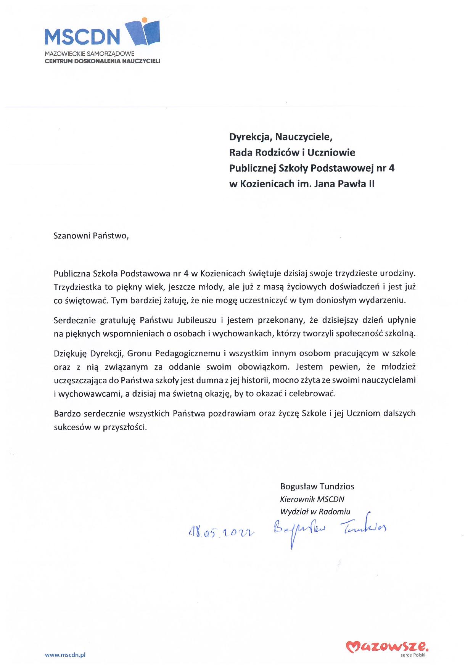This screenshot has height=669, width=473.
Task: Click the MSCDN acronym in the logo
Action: coord(82,37)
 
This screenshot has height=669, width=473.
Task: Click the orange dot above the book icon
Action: coord(144,19)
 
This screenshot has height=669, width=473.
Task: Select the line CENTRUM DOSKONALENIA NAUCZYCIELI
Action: coord(102,61)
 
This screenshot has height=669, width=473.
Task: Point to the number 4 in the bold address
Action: coord(391,168)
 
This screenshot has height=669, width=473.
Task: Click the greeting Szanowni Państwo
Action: coord(91,235)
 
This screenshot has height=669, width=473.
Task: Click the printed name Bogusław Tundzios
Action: coord(317,486)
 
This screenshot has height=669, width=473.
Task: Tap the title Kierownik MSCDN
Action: coord(312,499)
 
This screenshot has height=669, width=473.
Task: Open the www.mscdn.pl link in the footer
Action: coord(65,655)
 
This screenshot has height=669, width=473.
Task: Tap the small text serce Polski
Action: coord(413,655)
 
